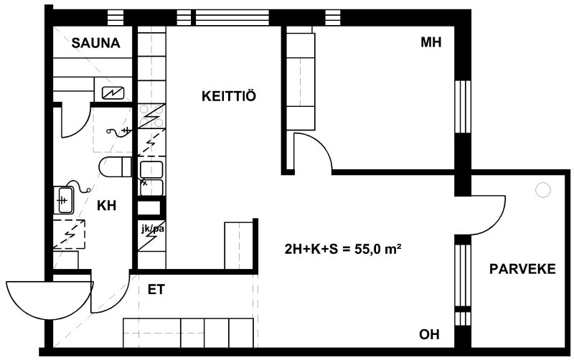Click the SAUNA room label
click(96, 43)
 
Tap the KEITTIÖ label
click(229, 96)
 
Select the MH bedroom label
click(431, 42)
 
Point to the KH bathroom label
click(106, 206)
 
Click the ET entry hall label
click(156, 290)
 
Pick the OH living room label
click(429, 334)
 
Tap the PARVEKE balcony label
click(522, 269)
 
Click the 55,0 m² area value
click(373, 250)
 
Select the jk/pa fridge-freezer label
click(152, 229)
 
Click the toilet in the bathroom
click(115, 166)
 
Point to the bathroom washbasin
click(64, 200)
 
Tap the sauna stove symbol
click(113, 93)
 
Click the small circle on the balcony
click(542, 190)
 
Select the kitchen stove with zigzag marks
click(151, 116)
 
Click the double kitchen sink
click(151, 179)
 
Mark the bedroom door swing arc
click(321, 143)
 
